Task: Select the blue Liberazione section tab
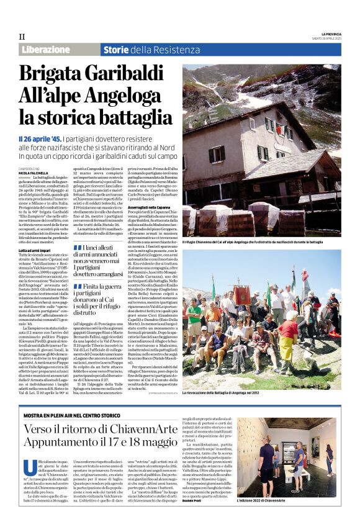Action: click(45, 50)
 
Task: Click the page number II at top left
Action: click(22, 37)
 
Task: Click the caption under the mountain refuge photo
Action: click(261, 242)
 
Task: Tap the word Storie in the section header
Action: click(115, 50)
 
